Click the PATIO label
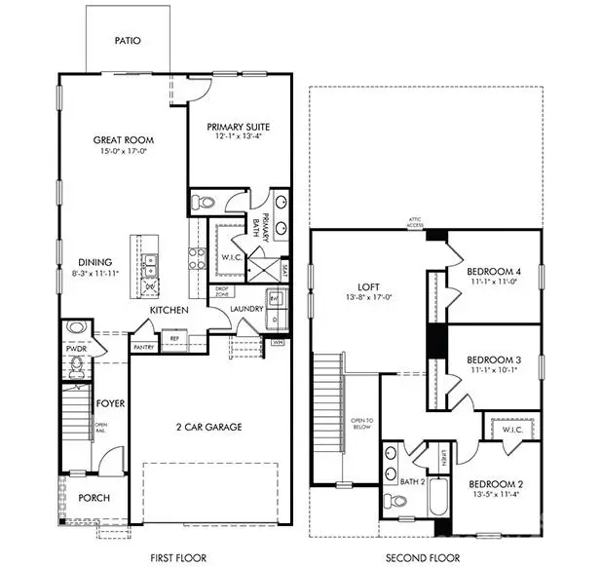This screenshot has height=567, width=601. [127, 41]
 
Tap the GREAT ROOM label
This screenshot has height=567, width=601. [124, 140]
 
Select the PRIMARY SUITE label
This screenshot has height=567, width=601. [239, 127]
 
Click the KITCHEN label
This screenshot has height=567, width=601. [168, 310]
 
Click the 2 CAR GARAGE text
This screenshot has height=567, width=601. [209, 427]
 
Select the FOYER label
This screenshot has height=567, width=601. [107, 401]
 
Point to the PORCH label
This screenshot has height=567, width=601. [94, 498]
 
